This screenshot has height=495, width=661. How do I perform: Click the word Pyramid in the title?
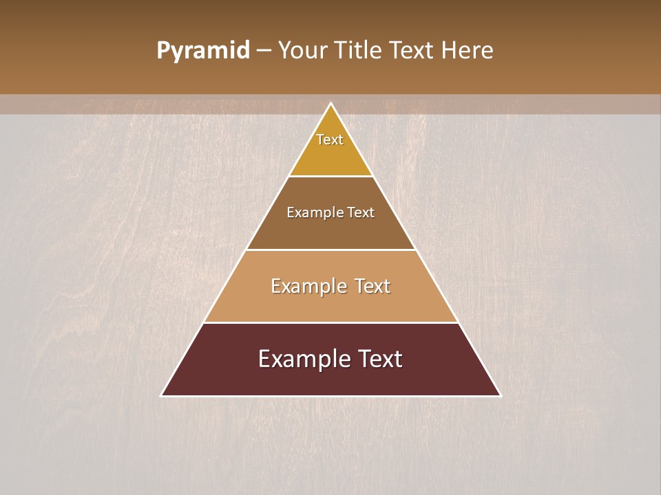[202, 51]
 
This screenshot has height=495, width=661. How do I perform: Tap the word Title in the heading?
[359, 51]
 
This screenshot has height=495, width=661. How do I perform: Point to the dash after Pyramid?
[264, 51]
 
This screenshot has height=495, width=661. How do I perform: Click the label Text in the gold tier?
[330, 140]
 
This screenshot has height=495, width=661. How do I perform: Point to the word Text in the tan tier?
[373, 286]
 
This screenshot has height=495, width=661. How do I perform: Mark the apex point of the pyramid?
[331, 104]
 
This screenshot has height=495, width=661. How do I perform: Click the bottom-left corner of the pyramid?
[162, 395]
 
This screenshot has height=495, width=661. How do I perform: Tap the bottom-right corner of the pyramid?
[500, 395]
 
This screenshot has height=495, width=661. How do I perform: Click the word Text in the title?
[411, 51]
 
